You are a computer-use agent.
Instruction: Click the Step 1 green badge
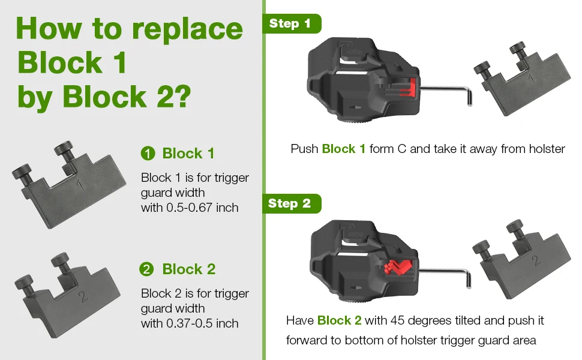point(292,24)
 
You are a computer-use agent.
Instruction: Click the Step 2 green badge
point(292,203)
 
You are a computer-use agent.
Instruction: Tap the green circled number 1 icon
point(148,153)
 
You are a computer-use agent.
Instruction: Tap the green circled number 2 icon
point(146,269)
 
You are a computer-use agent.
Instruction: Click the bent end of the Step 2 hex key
point(469,280)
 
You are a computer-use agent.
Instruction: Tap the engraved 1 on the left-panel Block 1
point(80,184)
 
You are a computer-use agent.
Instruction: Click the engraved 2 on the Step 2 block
point(536,260)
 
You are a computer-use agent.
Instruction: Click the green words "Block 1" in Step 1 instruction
point(344,149)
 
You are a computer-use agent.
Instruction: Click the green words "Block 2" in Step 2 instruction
point(339,320)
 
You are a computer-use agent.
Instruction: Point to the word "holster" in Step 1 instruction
point(547,149)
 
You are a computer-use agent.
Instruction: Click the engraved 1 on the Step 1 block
point(532,79)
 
